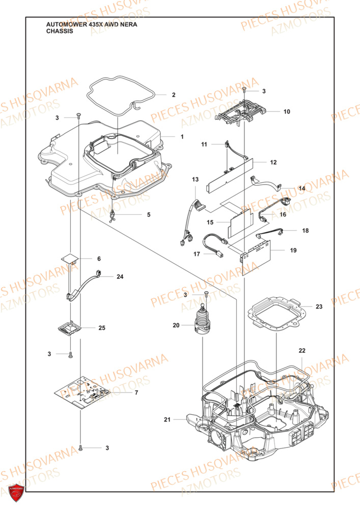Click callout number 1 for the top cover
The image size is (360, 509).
click(181, 136)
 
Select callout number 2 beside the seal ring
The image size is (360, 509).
click(174, 95)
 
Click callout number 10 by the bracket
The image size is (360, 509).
click(287, 111)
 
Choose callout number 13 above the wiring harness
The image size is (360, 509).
click(196, 180)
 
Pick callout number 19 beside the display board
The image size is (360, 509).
click(293, 250)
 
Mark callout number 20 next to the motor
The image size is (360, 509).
click(176, 325)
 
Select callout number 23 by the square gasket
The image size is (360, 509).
click(319, 306)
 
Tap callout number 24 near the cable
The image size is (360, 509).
click(120, 277)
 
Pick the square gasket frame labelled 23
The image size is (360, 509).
click(275, 313)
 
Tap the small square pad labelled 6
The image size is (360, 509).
click(70, 259)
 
